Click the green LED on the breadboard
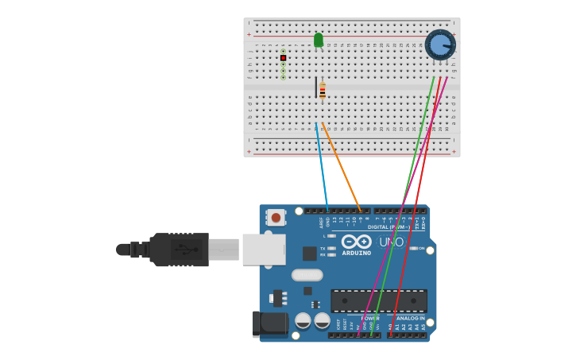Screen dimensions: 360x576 click(319, 40)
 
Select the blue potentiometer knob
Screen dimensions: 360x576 click(439, 45)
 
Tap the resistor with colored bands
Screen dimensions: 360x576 click(323, 90)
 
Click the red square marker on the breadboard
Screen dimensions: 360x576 click(283, 58)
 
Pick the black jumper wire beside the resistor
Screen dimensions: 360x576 click(316, 87)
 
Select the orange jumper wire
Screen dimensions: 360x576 click(342, 167)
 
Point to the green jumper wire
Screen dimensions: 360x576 click(405, 199)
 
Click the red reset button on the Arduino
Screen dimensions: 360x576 click(276, 217)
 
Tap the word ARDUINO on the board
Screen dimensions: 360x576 click(357, 254)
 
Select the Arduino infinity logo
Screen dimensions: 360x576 click(356, 242)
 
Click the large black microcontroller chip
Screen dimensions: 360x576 click(379, 300)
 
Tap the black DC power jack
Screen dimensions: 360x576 click(269, 323)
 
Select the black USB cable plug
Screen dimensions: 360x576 click(180, 249)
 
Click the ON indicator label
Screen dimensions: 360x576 click(421, 248)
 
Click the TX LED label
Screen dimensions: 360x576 click(323, 248)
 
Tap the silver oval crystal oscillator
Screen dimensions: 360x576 click(307, 275)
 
